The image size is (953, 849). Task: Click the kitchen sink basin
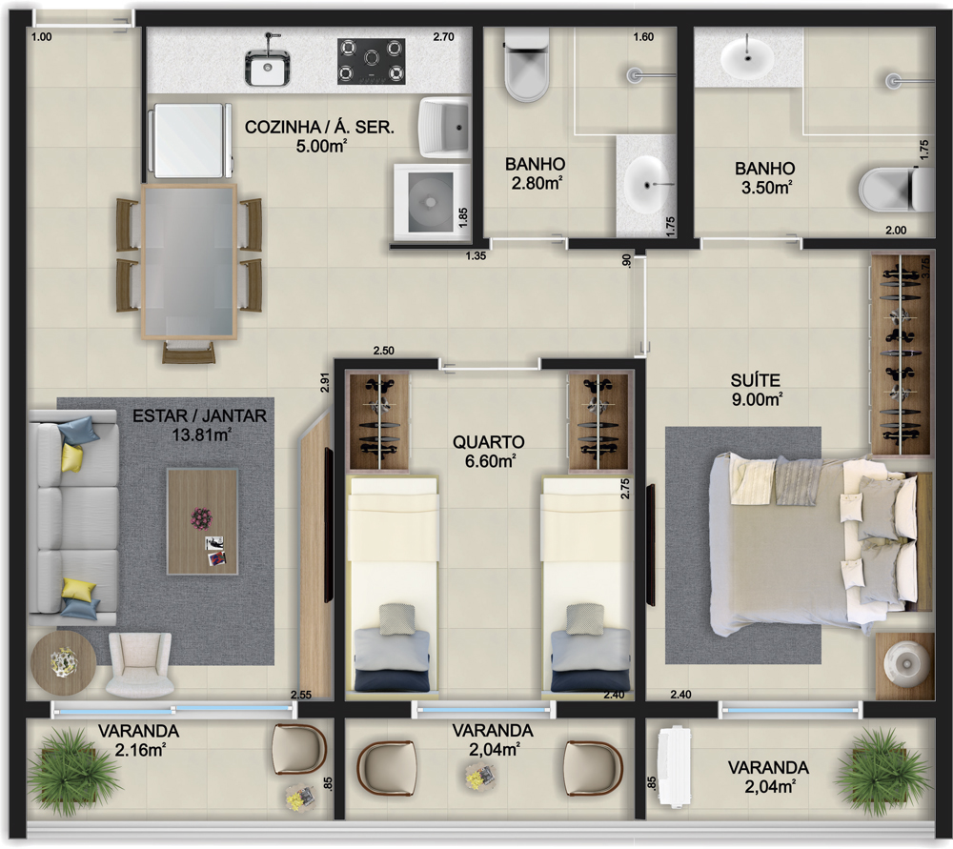268,67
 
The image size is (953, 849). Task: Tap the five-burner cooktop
372,61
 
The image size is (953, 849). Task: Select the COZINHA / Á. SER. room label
319,127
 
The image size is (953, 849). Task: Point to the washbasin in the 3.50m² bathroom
747,58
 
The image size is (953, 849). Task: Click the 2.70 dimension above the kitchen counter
444,36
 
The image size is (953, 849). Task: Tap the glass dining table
189,261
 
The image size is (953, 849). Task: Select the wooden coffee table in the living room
202,521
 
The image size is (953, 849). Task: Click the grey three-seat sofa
73,517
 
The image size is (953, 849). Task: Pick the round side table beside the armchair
63,663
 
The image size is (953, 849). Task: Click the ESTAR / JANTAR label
199,416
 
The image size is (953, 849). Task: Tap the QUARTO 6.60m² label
489,452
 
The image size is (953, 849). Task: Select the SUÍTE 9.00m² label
756,390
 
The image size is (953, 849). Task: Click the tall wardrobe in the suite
901,354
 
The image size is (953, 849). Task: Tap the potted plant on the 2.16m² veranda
71,771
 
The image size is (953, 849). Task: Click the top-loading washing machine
432,202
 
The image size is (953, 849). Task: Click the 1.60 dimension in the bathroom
643,37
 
